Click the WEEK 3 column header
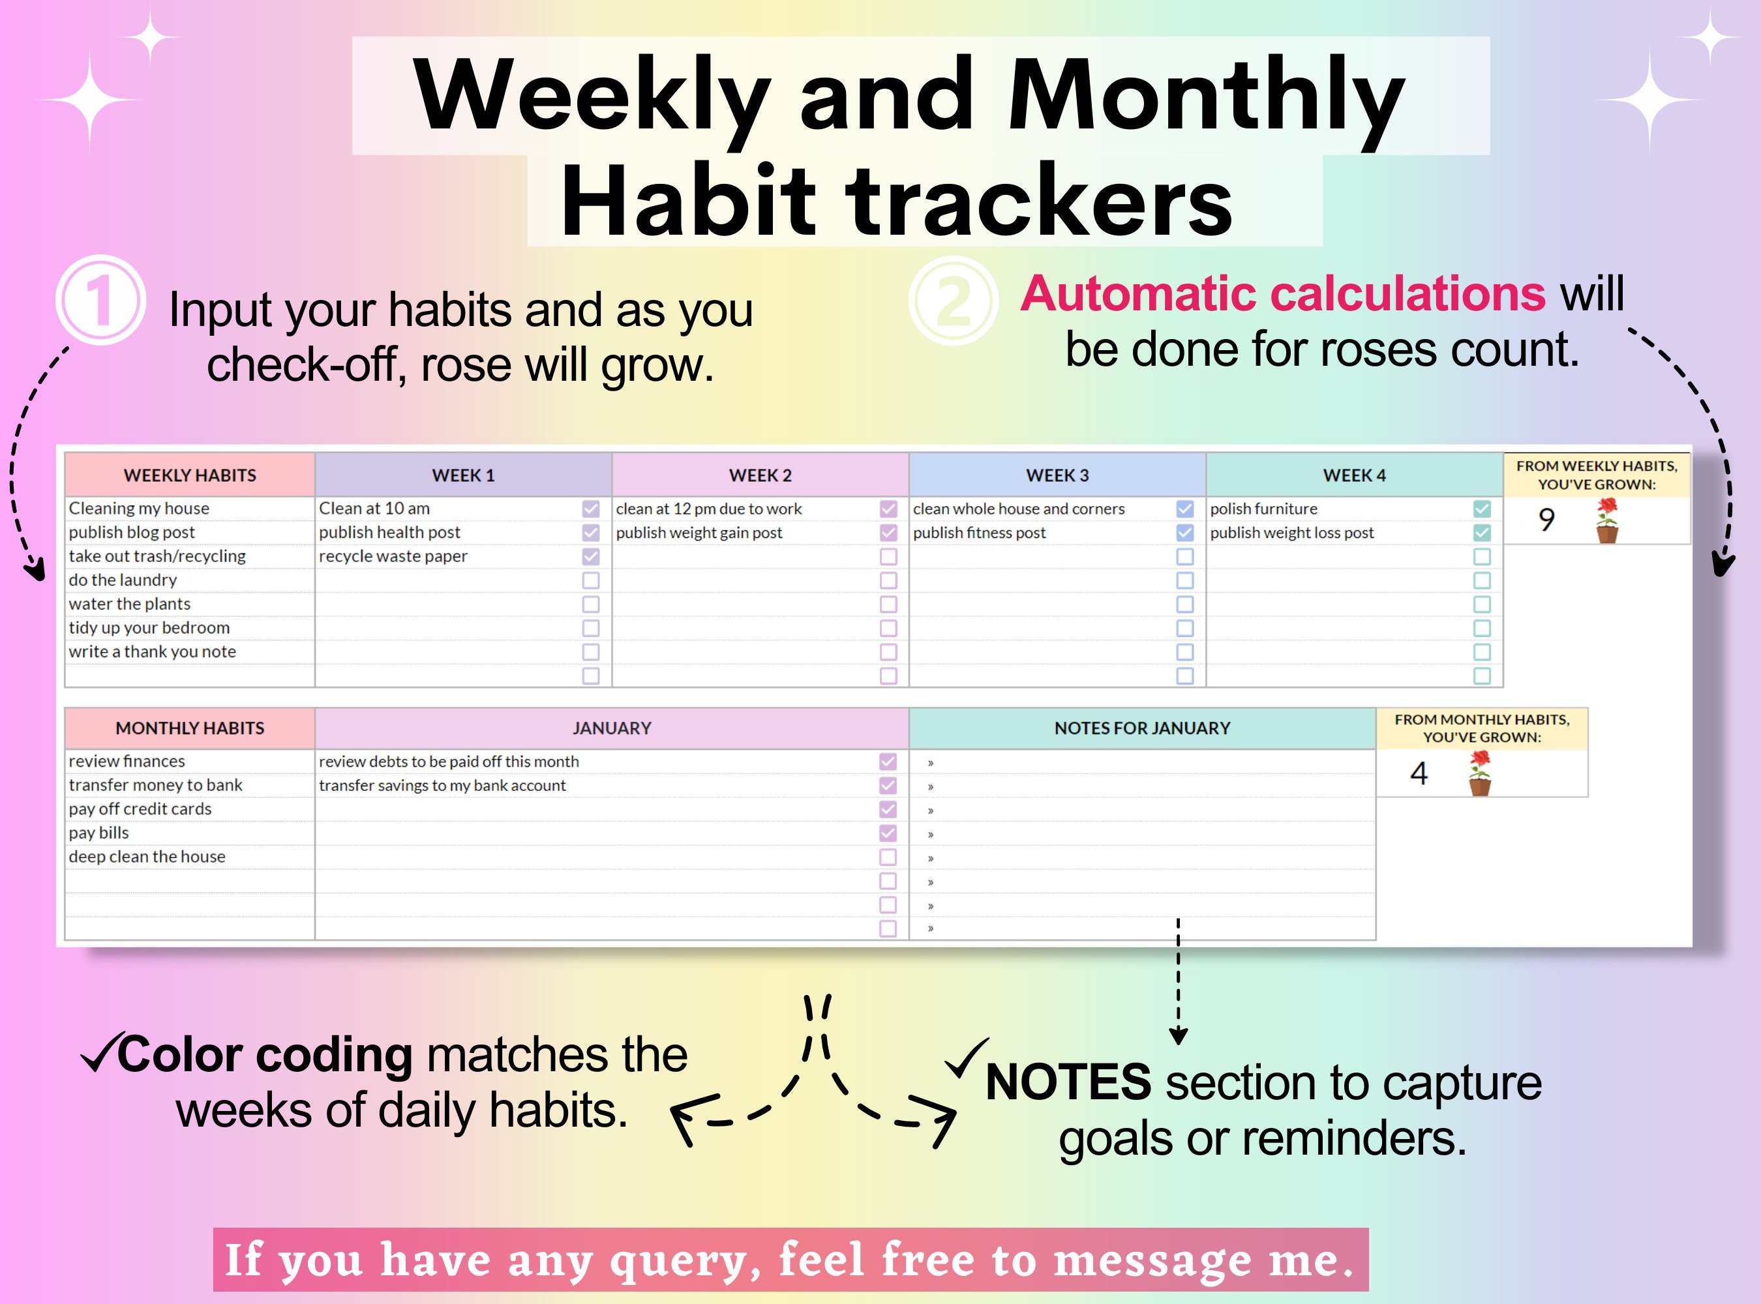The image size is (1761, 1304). (1057, 475)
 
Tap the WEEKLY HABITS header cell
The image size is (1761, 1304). (190, 475)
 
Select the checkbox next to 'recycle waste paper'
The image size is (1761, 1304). (591, 557)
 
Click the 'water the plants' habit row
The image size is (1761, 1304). (130, 604)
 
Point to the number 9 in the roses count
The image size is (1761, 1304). (1546, 520)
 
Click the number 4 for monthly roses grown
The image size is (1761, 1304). (1419, 773)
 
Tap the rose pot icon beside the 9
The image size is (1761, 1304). (1606, 521)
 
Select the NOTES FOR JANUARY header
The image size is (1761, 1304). (1142, 728)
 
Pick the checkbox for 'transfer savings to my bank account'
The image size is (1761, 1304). (888, 786)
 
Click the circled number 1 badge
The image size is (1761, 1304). (100, 300)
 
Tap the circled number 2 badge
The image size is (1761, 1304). (953, 301)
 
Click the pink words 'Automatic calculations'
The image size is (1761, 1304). (1282, 293)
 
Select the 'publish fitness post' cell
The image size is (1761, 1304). (979, 533)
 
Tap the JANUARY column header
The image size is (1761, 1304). (611, 728)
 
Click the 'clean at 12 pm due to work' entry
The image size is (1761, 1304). (708, 509)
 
